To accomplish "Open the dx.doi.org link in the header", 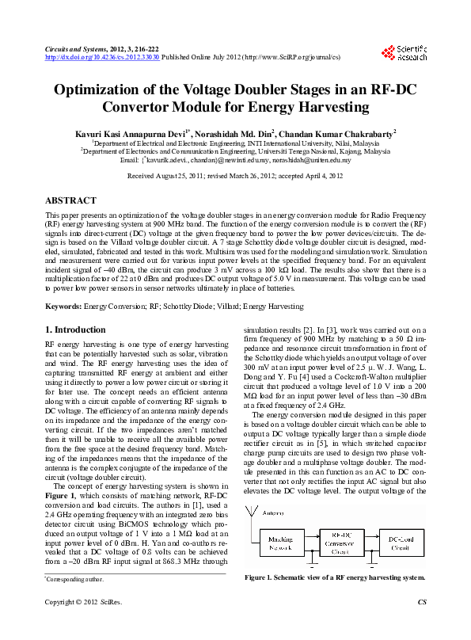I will (103, 58).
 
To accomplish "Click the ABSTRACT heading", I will (71, 201).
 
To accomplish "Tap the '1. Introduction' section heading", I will (75, 330).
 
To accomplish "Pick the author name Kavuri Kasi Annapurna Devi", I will (131, 134).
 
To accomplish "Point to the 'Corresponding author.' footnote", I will (74, 580).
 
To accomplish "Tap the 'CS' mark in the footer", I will (421, 624).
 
